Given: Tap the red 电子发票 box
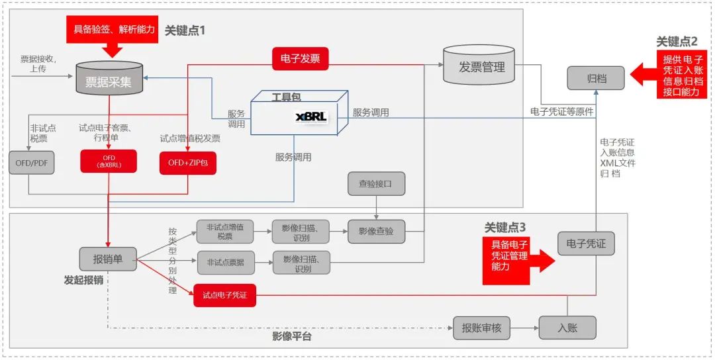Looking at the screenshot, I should coord(301,58).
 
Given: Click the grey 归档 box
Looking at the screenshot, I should coord(595,78).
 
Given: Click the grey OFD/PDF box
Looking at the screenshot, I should coord(28,162).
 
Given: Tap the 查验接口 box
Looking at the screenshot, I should coord(376,185).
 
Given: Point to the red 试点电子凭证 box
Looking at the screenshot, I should coord(224,295).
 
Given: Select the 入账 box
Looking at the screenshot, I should coord(567,327).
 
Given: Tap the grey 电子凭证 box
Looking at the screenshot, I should coord(586,244).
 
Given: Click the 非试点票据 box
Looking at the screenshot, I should coord(225,263).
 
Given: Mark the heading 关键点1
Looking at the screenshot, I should coord(185,30).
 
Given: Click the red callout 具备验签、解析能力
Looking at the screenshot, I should coord(112,29).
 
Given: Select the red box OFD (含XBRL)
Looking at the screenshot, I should coord(109,161).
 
